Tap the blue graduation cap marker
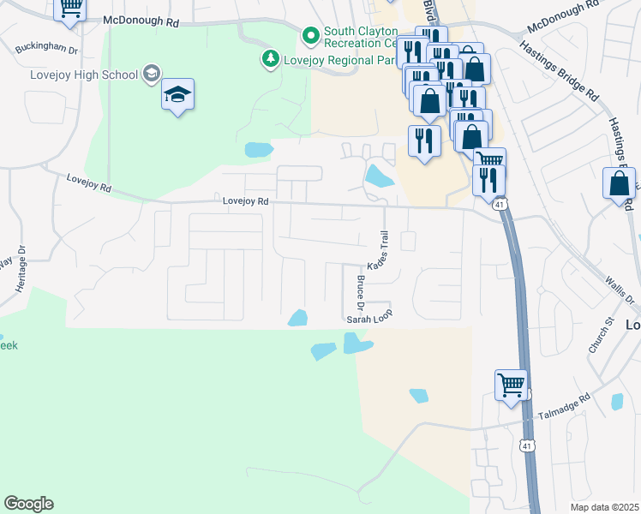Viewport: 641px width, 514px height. pyautogui.click(x=177, y=94)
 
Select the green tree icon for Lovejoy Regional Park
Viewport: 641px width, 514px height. pyautogui.click(x=271, y=59)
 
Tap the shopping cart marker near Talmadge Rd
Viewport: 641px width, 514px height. pyautogui.click(x=511, y=385)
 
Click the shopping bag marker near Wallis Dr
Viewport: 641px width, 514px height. pyautogui.click(x=620, y=184)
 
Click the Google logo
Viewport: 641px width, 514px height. pyautogui.click(x=28, y=504)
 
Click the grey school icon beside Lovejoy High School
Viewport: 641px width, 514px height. pyautogui.click(x=153, y=74)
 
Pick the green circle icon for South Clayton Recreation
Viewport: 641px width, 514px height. pyautogui.click(x=310, y=36)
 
